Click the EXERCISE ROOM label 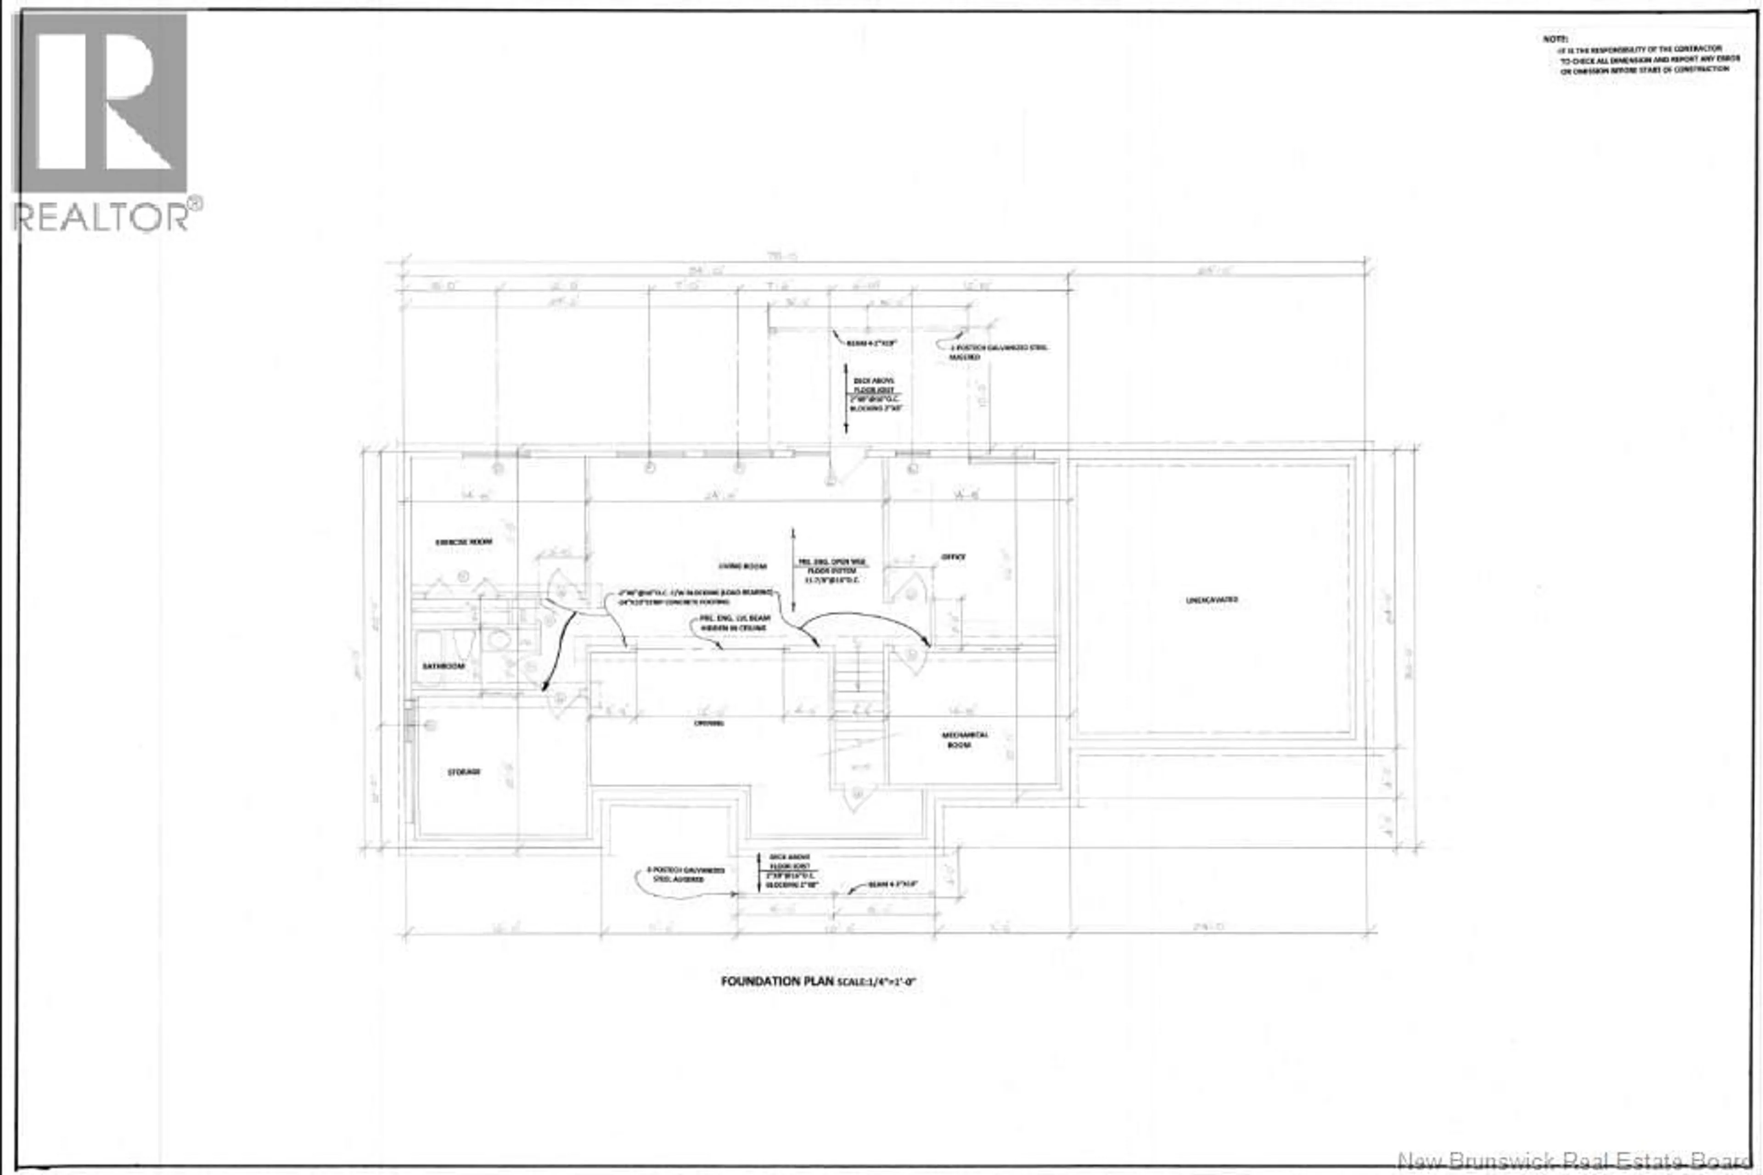pos(464,542)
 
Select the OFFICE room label pos(954,557)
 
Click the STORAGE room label pos(464,772)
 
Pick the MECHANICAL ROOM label pos(964,739)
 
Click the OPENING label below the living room pos(708,723)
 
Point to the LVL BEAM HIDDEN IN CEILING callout pos(734,623)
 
